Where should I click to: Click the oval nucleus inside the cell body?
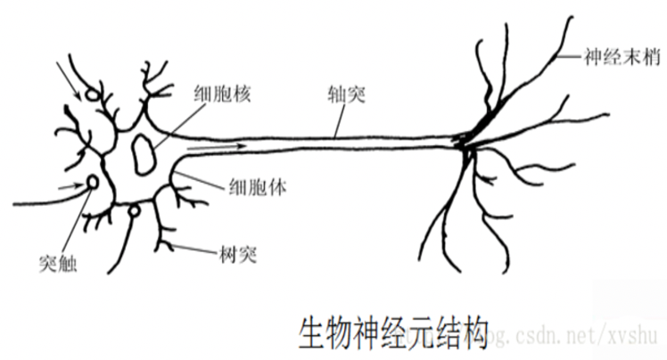tap(143, 152)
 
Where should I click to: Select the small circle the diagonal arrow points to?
tap(93, 93)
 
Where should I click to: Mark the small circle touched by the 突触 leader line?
tap(93, 184)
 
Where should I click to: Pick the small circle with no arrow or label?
tap(134, 210)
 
